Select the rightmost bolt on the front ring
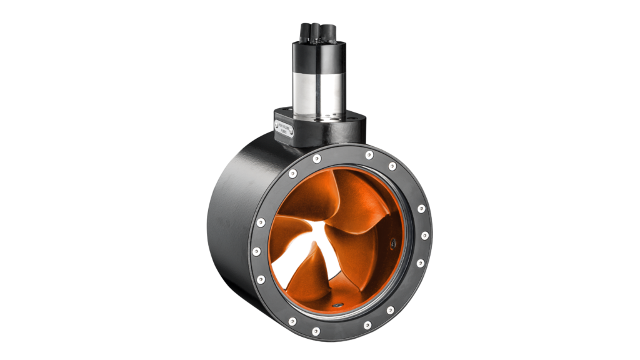coord(424,236)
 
